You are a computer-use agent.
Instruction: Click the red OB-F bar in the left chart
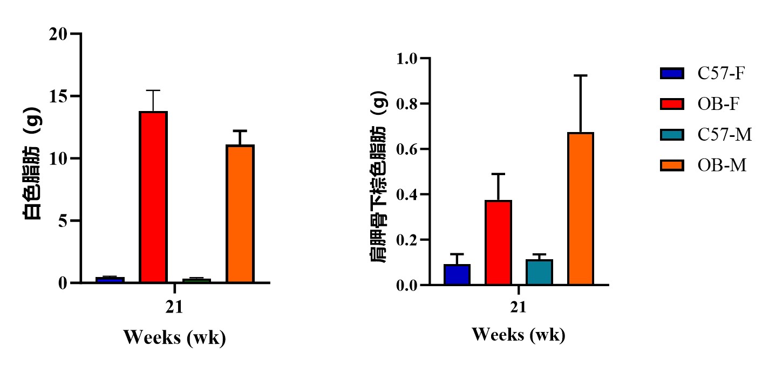tap(153, 197)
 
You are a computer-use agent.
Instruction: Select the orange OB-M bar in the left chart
tap(240, 214)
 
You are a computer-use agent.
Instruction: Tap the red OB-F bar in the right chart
tap(498, 243)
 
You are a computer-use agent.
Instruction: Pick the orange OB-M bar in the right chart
tap(581, 209)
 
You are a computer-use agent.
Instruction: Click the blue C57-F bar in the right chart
tap(457, 274)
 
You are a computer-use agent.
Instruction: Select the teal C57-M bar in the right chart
tap(539, 272)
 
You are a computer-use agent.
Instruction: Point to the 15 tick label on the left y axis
tap(58, 96)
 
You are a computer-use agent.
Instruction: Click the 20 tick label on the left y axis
tap(58, 34)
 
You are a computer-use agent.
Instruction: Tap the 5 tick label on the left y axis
tap(63, 221)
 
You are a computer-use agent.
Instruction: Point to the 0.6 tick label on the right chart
tap(406, 149)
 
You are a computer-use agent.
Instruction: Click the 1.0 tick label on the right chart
tap(406, 58)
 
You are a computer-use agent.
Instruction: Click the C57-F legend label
tap(721, 73)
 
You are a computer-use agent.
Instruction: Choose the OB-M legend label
tap(722, 165)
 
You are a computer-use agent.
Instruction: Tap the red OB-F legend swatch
tap(672, 104)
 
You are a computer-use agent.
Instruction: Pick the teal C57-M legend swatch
tap(672, 134)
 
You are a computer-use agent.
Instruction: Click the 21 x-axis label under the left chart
tap(174, 307)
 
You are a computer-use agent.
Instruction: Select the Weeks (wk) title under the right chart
tap(519, 335)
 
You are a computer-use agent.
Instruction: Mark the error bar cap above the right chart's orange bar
tap(581, 75)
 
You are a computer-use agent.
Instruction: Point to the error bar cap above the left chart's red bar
tap(153, 90)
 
